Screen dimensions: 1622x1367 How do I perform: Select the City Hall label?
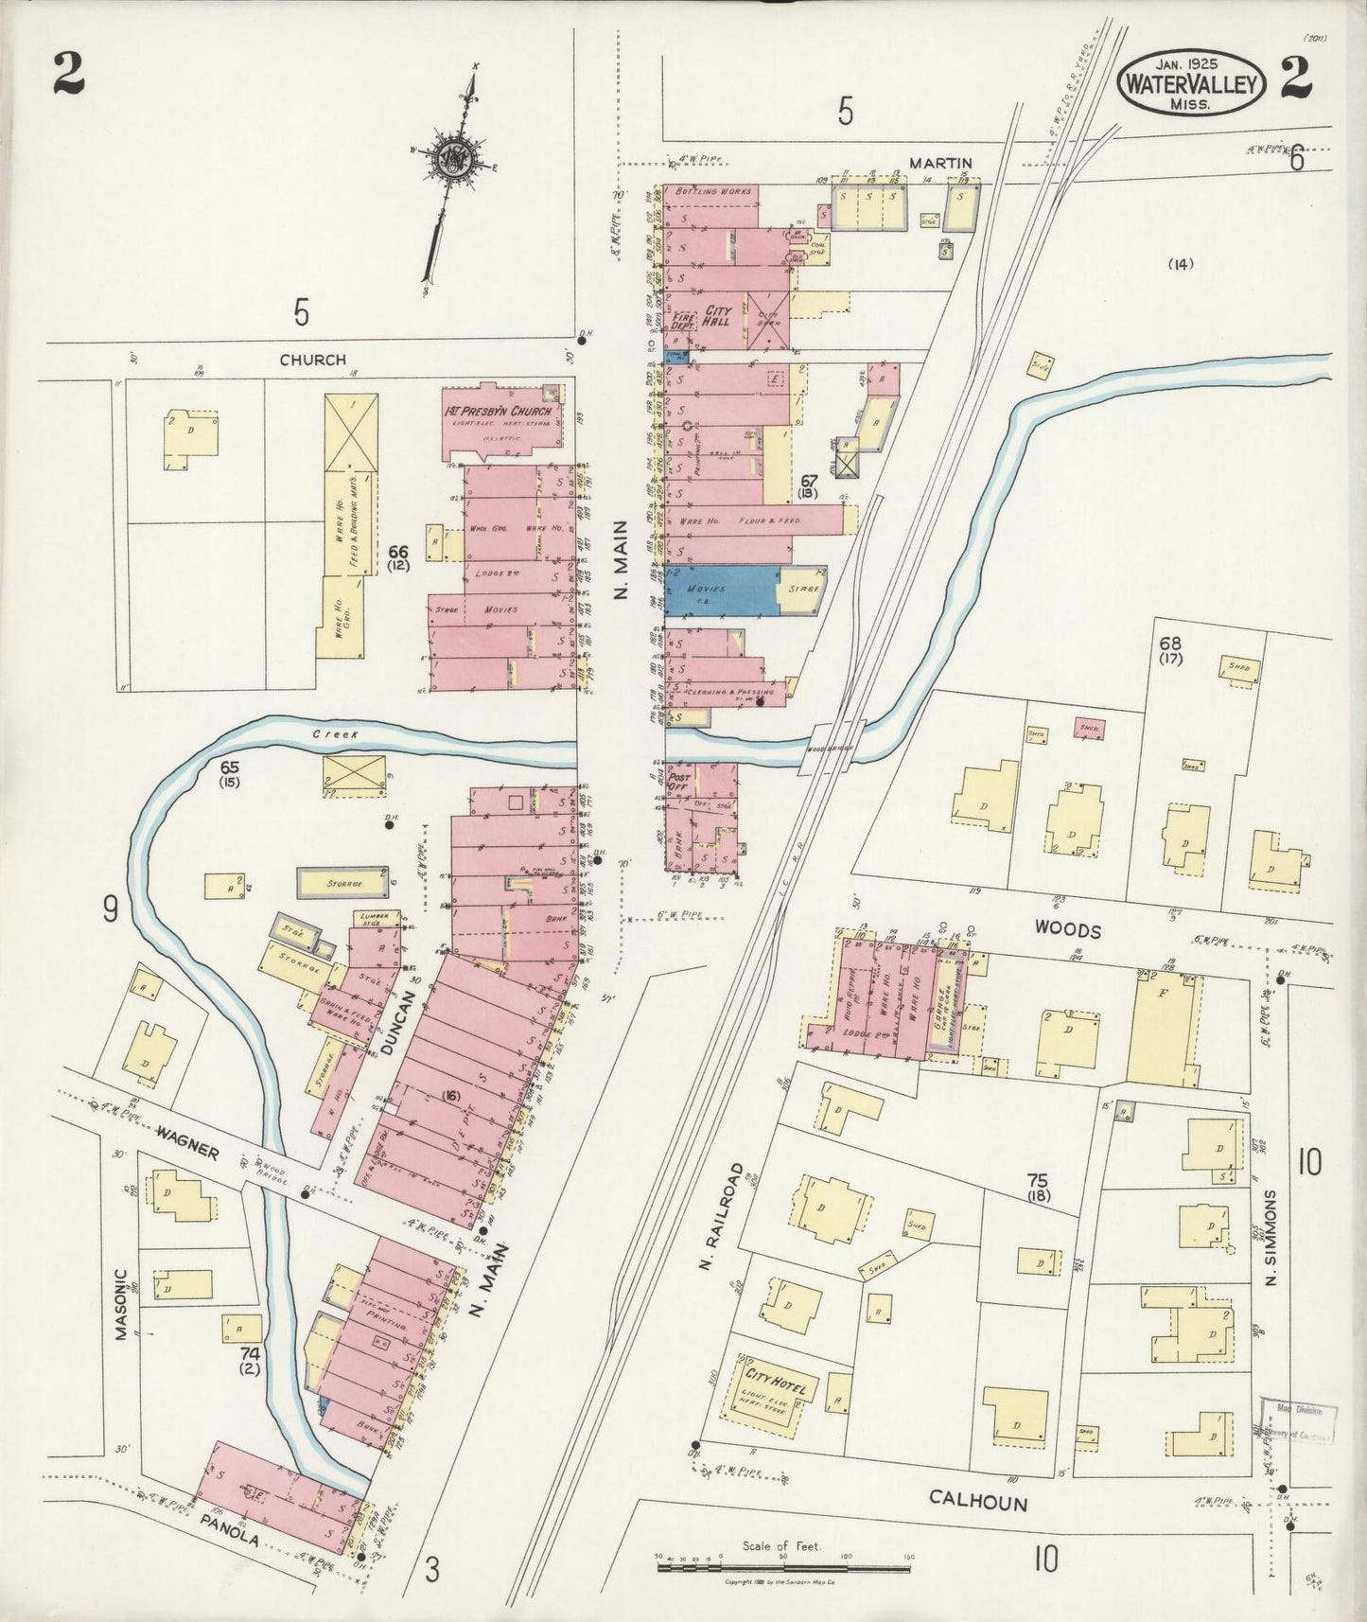[717, 316]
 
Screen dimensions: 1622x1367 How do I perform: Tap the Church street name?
[312, 360]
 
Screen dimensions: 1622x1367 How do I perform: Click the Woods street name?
[1068, 930]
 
